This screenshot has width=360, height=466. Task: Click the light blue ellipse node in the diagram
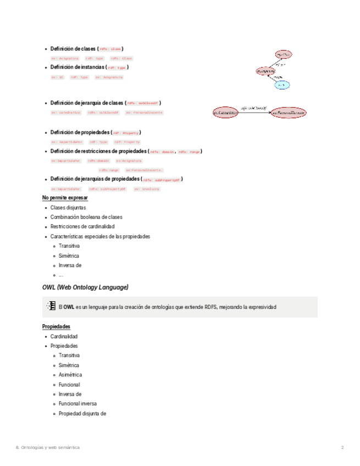point(282,85)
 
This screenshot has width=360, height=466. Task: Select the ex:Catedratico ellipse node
point(225,113)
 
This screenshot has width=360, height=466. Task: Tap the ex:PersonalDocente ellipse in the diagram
point(288,113)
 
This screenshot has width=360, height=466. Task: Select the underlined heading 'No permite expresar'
point(65,198)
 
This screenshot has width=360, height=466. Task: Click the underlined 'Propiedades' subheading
point(56,326)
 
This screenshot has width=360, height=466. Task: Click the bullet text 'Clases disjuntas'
point(68,208)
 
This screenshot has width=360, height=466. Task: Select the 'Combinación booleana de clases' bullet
point(86,217)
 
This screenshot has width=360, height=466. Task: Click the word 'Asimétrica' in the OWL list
point(70,375)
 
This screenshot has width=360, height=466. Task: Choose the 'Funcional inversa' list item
point(77,403)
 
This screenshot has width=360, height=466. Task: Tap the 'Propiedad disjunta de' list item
point(82,413)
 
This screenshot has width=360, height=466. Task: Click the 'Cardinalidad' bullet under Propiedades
point(64,336)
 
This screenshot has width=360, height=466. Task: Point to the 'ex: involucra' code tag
point(147,189)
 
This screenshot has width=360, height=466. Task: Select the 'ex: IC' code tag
point(57,77)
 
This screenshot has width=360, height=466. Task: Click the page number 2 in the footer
point(342,448)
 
